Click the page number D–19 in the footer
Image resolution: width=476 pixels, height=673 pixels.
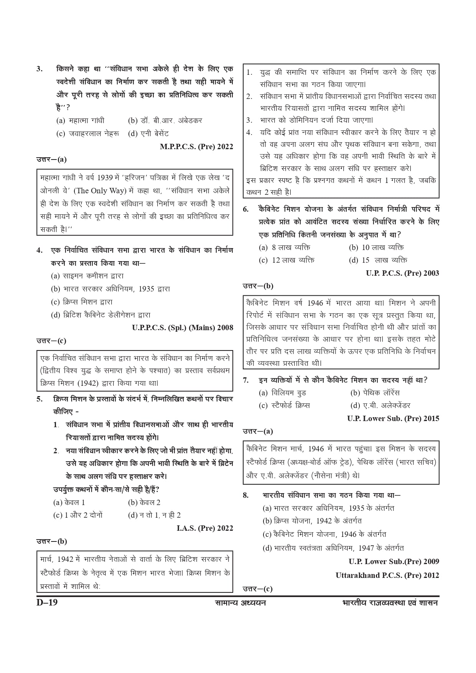click(47, 602)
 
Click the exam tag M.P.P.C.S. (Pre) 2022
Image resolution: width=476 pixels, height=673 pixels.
click(196, 146)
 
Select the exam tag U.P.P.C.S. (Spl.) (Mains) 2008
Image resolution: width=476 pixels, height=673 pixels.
click(183, 327)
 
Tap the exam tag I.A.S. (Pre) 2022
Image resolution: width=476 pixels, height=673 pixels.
click(205, 528)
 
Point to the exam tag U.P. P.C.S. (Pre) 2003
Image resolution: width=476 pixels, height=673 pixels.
click(402, 273)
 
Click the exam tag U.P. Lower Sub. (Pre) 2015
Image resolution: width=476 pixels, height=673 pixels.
click(393, 418)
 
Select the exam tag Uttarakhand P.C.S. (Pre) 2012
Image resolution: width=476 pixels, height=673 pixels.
click(387, 575)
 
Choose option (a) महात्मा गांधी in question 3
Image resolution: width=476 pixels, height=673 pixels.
click(80, 120)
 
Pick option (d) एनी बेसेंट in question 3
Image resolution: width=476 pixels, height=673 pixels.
click(148, 133)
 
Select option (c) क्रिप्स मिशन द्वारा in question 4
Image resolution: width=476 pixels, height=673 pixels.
click(82, 302)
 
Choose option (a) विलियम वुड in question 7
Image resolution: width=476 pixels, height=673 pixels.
click(283, 393)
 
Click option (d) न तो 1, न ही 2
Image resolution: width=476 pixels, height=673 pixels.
click(154, 515)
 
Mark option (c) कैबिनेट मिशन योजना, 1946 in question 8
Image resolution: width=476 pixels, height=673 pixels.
click(324, 534)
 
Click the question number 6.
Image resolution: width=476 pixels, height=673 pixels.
click(246, 209)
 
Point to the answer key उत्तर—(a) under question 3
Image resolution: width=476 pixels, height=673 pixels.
click(51, 160)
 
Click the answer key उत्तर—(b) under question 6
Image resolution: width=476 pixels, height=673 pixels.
click(258, 286)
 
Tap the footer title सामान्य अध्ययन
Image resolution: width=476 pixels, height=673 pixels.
click(240, 603)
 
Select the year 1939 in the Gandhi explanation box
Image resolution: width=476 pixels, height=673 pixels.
click(105, 178)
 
